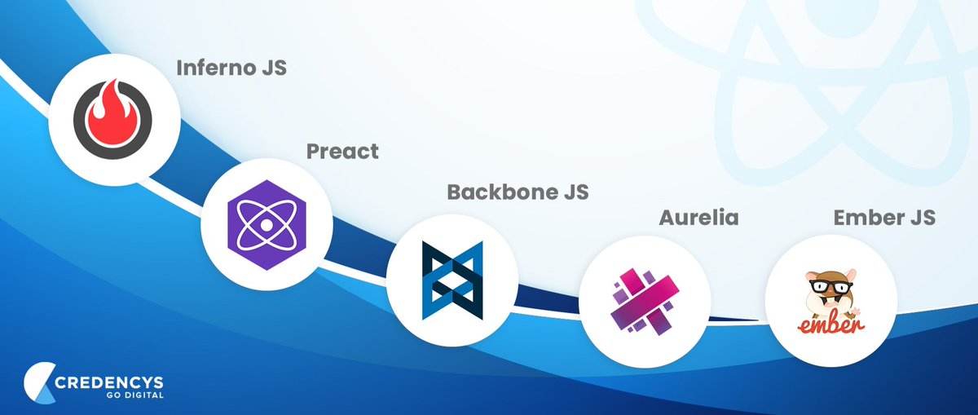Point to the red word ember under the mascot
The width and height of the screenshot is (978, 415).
click(830, 324)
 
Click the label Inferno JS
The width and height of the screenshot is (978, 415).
click(232, 67)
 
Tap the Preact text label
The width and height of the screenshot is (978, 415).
click(342, 151)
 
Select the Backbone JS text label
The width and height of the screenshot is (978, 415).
click(517, 192)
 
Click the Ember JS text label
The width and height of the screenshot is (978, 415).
click(883, 219)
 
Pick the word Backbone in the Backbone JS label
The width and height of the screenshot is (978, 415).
click(499, 192)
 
